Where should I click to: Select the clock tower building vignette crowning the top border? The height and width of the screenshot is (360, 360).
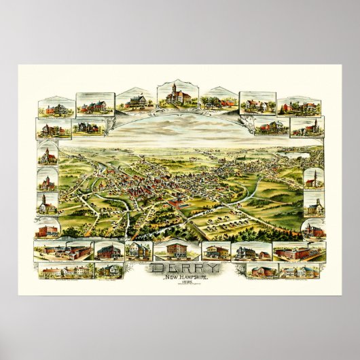point(176,96)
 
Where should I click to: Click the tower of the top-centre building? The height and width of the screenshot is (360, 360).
point(175,89)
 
